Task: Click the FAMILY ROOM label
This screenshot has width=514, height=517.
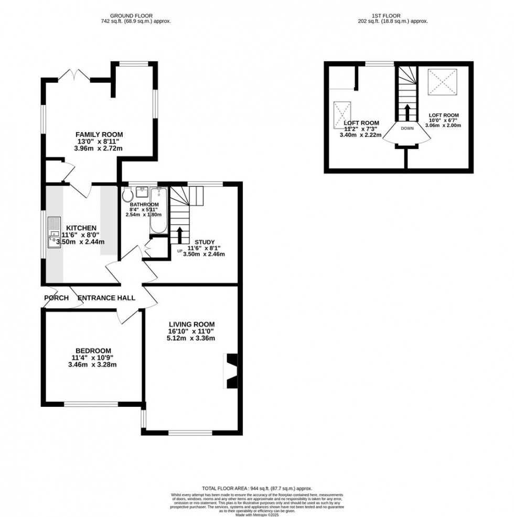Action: [98, 134]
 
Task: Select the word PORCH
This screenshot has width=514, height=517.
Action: [57, 298]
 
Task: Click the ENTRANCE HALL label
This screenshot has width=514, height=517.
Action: [106, 298]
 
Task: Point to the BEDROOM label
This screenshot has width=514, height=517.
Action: [93, 351]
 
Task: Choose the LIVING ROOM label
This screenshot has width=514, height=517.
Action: [191, 324]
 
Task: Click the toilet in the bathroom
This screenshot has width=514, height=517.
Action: [127, 195]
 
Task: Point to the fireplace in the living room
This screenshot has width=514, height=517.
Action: [231, 371]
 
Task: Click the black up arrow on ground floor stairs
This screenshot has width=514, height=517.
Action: [179, 234]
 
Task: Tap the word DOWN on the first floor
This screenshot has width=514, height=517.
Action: [407, 128]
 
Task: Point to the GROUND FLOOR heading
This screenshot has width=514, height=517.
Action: [136, 15]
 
